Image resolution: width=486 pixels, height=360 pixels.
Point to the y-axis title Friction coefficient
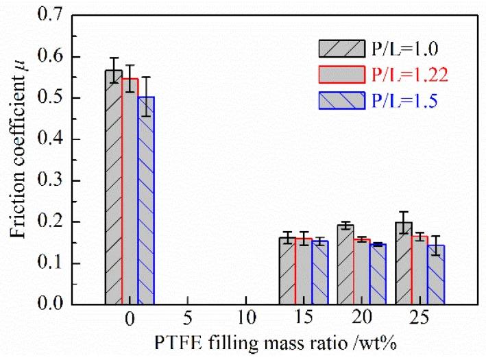point(19,156)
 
